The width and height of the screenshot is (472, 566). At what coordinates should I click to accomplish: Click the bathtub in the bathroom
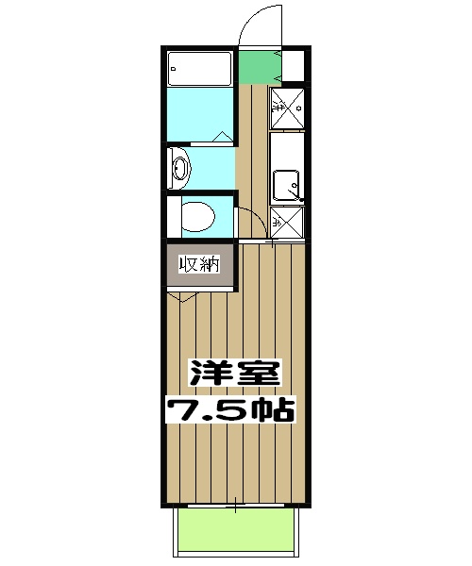199,69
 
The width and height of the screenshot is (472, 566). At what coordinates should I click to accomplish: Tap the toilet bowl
197,218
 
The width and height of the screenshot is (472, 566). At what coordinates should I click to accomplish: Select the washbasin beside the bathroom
180,170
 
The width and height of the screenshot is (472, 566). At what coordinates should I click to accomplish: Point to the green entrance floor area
255,66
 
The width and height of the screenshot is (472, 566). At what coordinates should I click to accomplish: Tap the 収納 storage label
199,265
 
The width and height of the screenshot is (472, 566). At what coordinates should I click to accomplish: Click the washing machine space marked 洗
289,106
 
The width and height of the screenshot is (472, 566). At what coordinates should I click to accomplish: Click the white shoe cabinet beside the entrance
295,66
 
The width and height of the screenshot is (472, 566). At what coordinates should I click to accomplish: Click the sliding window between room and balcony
236,507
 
